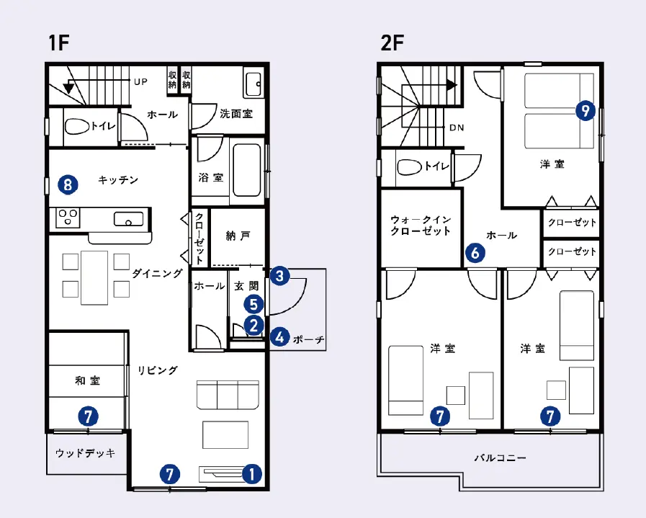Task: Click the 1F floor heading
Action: coord(58,43)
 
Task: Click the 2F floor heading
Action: coord(392,43)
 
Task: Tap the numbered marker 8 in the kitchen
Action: coord(68,184)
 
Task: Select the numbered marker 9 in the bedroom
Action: coord(586,110)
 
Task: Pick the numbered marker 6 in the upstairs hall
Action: coord(475,252)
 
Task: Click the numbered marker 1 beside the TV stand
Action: coord(252,474)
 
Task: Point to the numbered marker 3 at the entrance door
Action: coord(280,275)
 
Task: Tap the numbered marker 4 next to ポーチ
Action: coord(280,337)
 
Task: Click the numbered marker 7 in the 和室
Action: coord(88,416)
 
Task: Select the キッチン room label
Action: coord(118,180)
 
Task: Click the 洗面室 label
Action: coord(236,114)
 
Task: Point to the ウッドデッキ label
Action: coord(85,453)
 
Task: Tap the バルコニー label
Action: coord(500,457)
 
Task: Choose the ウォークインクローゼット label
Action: coord(421,225)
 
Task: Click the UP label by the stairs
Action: coord(140,81)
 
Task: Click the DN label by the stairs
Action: coord(457,128)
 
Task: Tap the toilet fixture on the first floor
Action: coord(77,127)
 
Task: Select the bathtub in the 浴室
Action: coord(247,170)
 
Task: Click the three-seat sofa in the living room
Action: coord(228,395)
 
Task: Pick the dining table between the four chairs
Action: coord(94,277)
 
